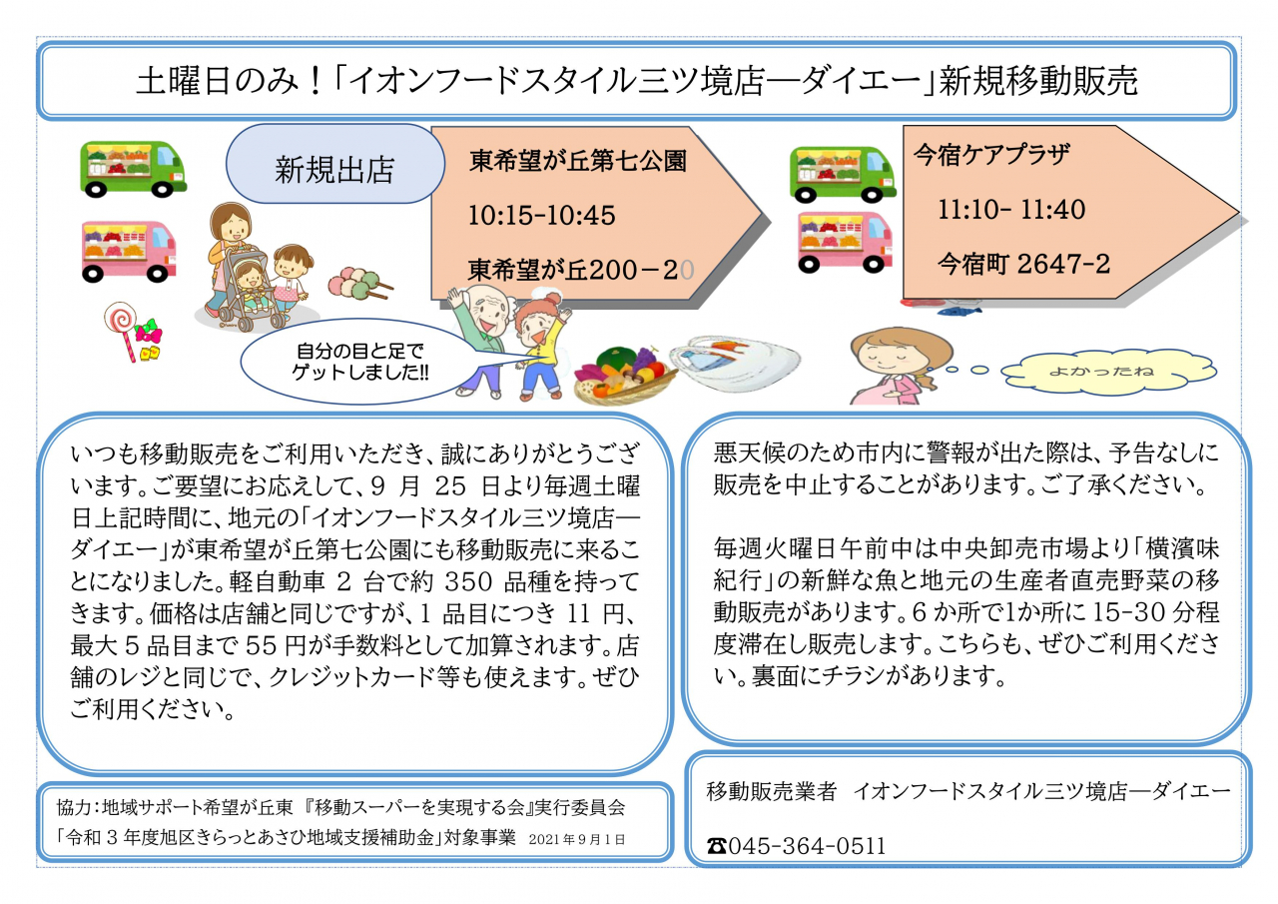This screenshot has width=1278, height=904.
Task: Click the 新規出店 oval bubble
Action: tap(334, 164)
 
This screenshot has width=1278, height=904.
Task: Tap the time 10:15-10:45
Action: tap(541, 216)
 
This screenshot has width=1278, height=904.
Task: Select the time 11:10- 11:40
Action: tap(1011, 210)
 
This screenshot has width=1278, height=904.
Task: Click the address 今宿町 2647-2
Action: tap(1023, 264)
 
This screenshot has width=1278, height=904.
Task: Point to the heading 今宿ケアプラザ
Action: tap(991, 155)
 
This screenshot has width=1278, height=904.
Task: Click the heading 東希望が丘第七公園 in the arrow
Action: tap(577, 161)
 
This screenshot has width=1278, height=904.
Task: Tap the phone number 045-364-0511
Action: tap(807, 846)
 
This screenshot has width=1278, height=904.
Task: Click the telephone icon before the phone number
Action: tap(717, 846)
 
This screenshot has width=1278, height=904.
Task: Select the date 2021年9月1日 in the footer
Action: tap(577, 839)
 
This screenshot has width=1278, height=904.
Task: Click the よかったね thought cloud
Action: tap(1108, 372)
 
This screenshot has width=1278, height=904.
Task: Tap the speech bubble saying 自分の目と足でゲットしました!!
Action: tap(359, 362)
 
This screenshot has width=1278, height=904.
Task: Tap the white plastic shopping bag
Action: tap(735, 363)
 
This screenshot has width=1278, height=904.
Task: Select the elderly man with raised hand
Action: tap(481, 341)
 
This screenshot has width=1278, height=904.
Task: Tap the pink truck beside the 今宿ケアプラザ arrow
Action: tap(845, 242)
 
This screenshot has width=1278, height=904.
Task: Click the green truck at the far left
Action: tap(133, 169)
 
